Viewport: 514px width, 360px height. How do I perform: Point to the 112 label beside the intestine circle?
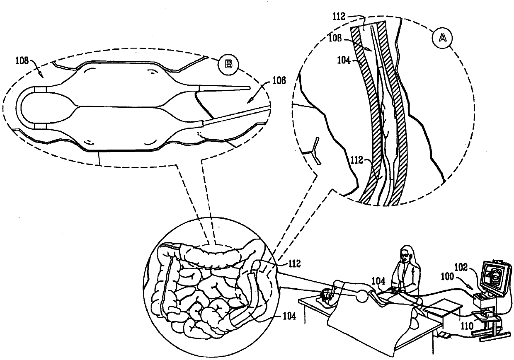(x=288, y=262)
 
